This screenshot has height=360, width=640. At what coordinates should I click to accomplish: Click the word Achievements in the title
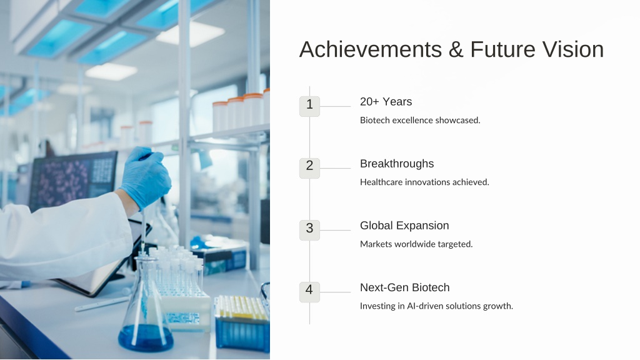click(x=371, y=49)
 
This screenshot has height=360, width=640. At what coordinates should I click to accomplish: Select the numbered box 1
click(x=309, y=106)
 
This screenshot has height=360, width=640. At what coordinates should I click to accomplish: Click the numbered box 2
click(x=309, y=168)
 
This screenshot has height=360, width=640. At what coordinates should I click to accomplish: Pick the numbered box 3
click(x=309, y=230)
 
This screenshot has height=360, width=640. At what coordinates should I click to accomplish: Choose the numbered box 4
click(x=309, y=292)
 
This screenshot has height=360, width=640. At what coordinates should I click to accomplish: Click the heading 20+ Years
click(x=386, y=102)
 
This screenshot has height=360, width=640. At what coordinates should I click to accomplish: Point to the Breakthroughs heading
click(x=397, y=164)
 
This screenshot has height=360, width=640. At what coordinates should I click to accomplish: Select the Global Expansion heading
click(x=404, y=226)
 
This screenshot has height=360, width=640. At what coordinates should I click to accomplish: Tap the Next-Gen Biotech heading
click(x=404, y=287)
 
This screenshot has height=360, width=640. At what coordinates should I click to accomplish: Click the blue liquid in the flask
click(x=145, y=337)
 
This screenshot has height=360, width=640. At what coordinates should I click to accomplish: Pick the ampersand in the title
click(x=456, y=49)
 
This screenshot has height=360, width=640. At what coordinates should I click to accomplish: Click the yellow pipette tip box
click(x=242, y=322)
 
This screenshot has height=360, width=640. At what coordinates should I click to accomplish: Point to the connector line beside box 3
click(x=335, y=230)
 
